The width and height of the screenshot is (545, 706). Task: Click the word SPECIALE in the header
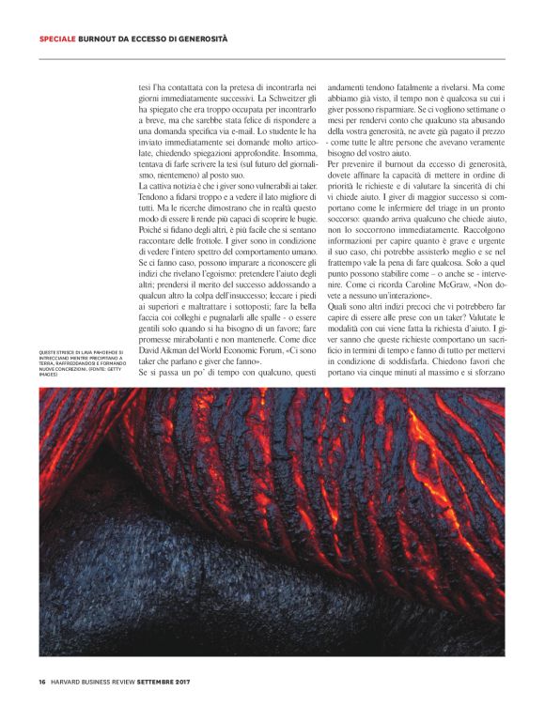(x=57, y=39)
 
